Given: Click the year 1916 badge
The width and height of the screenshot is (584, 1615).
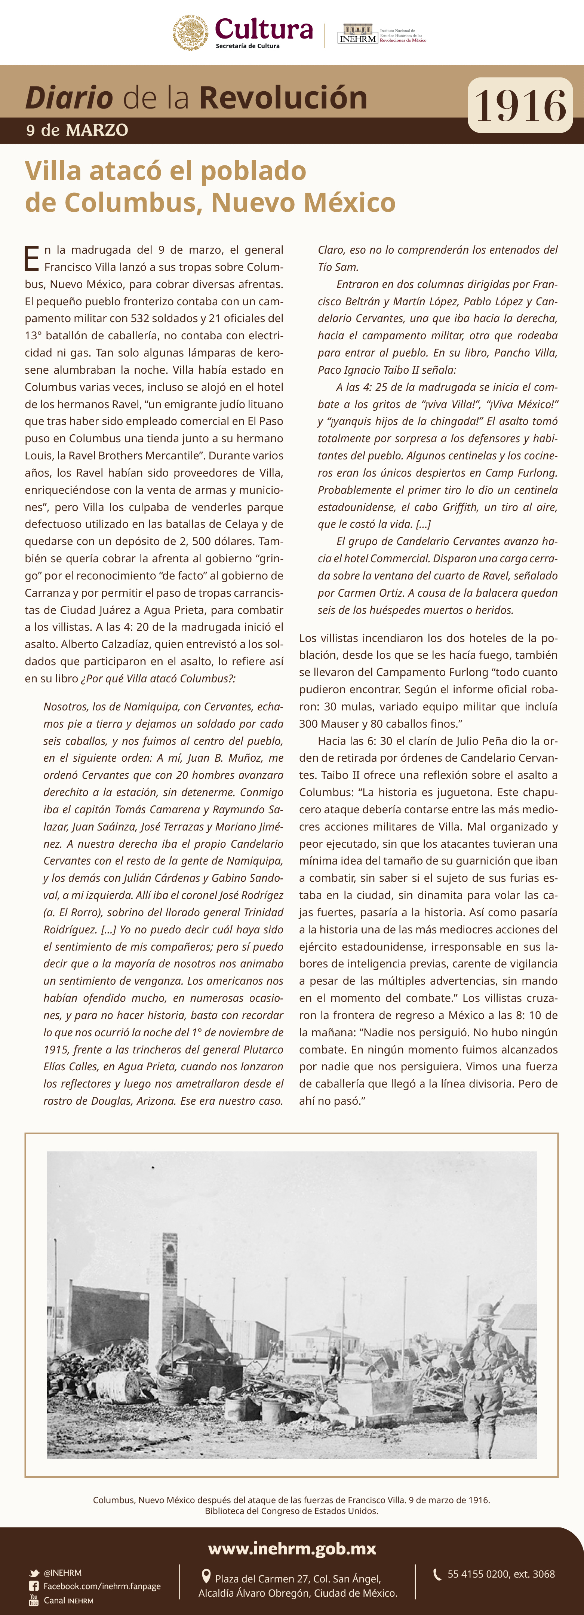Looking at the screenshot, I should pos(520,105).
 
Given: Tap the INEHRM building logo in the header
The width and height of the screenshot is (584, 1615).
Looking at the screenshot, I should pos(357,34).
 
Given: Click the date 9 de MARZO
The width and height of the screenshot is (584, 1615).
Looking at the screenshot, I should pos(77,131).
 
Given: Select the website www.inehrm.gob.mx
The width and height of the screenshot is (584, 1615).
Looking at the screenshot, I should pos(292,1548).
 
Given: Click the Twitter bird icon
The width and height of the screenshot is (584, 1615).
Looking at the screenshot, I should pos(34,1573).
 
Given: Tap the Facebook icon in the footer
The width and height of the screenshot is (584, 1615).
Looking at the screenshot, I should pos(34,1586).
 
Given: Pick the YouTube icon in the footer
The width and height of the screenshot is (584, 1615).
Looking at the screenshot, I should pos(34,1600).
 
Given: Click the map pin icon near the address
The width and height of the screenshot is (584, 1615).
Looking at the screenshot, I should pos(206,1576).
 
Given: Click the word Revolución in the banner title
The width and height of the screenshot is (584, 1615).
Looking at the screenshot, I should pos(283,98).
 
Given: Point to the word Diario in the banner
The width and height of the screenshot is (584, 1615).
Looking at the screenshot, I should pos(69,98).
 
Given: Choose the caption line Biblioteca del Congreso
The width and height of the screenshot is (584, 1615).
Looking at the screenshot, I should pos(291,1511).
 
